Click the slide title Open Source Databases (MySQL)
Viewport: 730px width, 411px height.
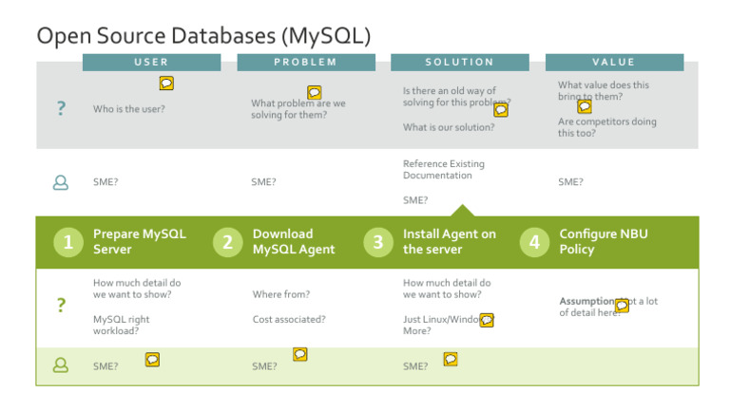tap(202, 35)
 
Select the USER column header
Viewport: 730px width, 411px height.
tap(152, 62)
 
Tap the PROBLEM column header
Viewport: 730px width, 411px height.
tap(305, 62)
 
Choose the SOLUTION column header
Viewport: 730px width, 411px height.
tap(459, 62)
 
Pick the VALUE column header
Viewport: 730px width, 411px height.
tap(613, 62)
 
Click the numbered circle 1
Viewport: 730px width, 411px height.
tap(68, 242)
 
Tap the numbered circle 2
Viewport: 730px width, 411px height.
tap(227, 242)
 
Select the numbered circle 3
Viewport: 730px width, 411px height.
tap(377, 242)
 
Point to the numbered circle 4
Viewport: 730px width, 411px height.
tap(534, 242)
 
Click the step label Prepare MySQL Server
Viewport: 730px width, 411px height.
tap(139, 241)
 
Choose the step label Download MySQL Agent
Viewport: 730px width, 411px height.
tap(294, 241)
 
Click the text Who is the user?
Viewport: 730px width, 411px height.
tap(128, 109)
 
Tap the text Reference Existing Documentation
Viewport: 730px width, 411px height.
tap(443, 170)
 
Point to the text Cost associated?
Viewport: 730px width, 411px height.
tap(289, 320)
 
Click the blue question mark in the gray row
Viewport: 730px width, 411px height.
tap(61, 109)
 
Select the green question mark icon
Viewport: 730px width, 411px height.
tap(61, 305)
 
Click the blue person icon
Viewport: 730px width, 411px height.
tap(61, 182)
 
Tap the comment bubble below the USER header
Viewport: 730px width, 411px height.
tap(165, 84)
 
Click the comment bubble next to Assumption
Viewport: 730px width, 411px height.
tap(622, 305)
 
